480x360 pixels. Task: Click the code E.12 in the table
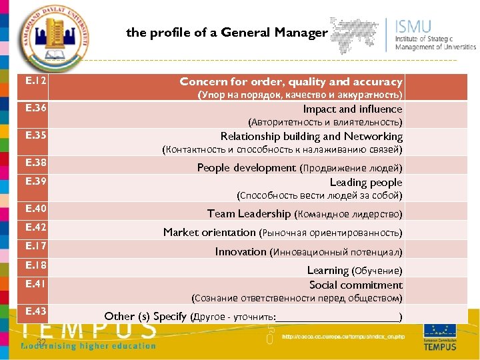pos(35,81)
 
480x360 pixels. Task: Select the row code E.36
pos(35,108)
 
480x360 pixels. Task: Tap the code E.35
pos(35,135)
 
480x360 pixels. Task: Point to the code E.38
pos(35,163)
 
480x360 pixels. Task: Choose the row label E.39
pos(35,181)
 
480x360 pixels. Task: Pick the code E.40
pos(35,209)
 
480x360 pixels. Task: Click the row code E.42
pos(35,227)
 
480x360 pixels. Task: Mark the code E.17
pos(35,246)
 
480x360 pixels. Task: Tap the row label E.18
pos(35,265)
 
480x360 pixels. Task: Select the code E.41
pos(35,284)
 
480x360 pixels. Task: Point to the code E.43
pos(35,311)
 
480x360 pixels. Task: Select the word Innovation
pos(241,251)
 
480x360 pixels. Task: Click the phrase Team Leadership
pos(249,214)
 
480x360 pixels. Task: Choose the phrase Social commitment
pos(355,285)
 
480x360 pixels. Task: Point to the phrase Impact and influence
pos(352,109)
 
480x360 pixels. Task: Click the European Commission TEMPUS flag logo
pos(439,336)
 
